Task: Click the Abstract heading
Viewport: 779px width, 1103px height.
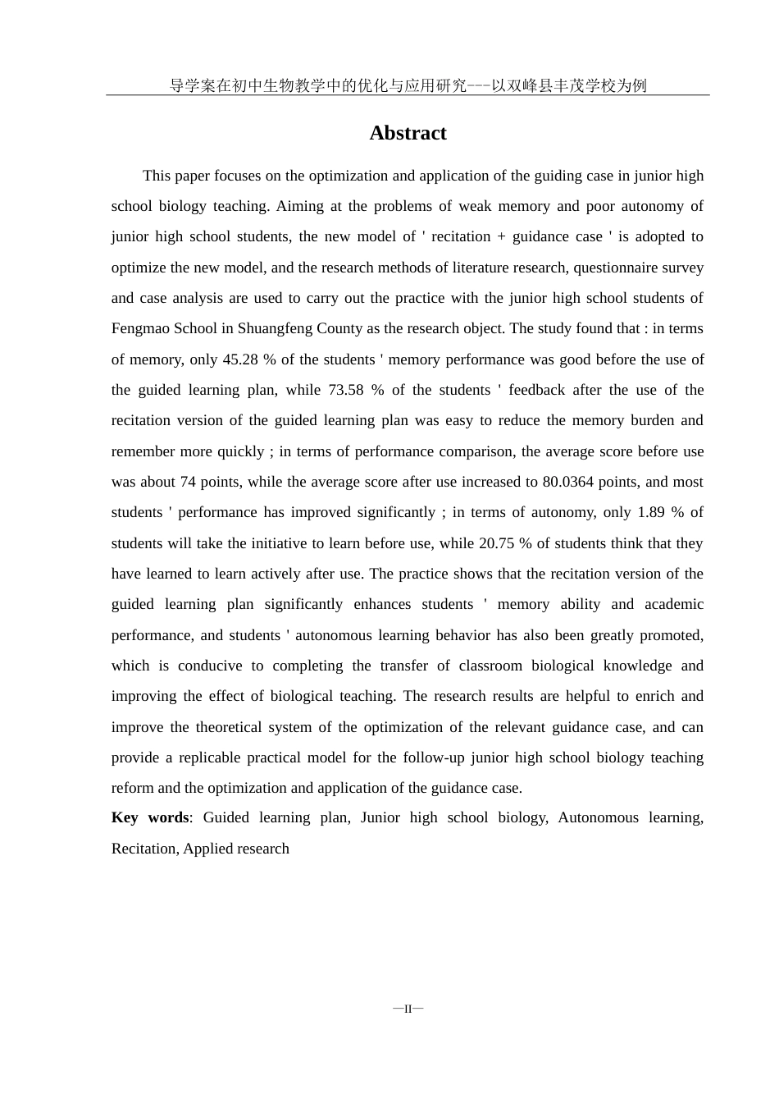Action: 408,133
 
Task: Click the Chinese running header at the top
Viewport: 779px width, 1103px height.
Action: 408,85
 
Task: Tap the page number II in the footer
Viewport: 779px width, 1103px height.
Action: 408,1008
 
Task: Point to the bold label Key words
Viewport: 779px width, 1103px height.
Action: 150,817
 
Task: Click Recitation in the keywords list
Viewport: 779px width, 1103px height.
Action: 143,849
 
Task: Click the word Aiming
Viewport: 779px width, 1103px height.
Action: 300,206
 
